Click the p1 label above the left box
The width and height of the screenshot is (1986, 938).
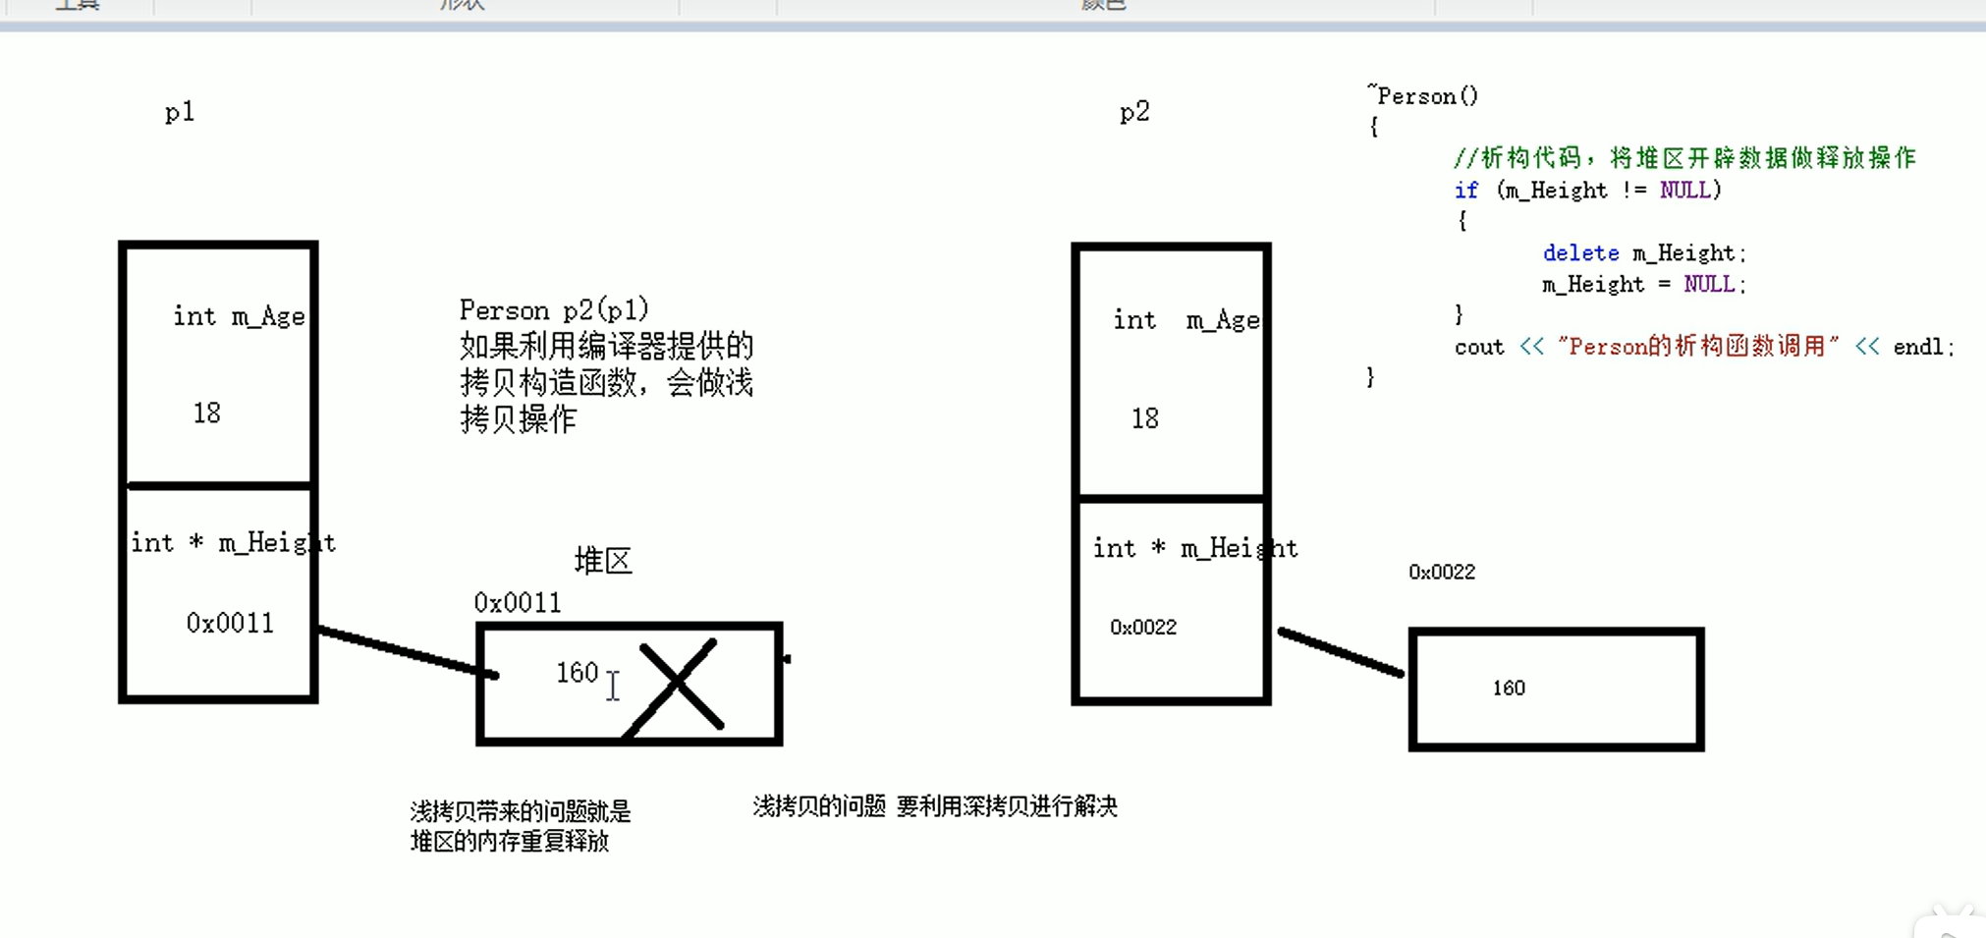pyautogui.click(x=180, y=113)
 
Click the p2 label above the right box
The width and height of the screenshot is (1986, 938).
pyautogui.click(x=1134, y=113)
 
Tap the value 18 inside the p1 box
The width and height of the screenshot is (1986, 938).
pyautogui.click(x=206, y=414)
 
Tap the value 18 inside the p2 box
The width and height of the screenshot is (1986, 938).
pyautogui.click(x=1144, y=419)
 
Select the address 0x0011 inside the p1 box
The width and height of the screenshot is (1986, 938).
pyautogui.click(x=230, y=624)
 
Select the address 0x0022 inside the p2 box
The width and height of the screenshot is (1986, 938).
pyautogui.click(x=1143, y=628)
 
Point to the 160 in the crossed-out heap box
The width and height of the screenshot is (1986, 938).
pyautogui.click(x=577, y=673)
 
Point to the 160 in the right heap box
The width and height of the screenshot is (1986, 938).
pyautogui.click(x=1509, y=689)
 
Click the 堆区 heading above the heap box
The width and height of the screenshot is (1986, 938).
pyautogui.click(x=603, y=561)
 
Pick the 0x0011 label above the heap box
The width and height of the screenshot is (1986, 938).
pyautogui.click(x=518, y=603)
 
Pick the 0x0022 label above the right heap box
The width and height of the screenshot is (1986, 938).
pyautogui.click(x=1442, y=573)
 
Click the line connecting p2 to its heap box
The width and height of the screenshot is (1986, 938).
pyautogui.click(x=1341, y=653)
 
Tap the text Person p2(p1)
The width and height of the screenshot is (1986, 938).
pyautogui.click(x=554, y=310)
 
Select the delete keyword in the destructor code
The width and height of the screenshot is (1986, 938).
pyautogui.click(x=1580, y=253)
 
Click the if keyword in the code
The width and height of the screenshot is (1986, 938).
pyautogui.click(x=1465, y=191)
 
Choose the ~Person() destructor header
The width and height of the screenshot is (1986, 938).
pyautogui.click(x=1424, y=96)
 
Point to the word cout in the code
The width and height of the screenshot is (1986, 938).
pyautogui.click(x=1479, y=348)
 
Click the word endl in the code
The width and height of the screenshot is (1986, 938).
pyautogui.click(x=1917, y=348)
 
